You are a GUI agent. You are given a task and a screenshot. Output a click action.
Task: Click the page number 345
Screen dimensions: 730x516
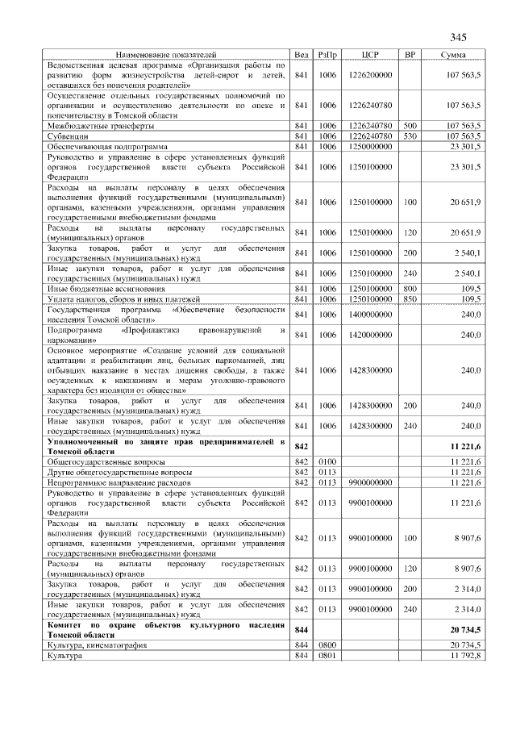458,38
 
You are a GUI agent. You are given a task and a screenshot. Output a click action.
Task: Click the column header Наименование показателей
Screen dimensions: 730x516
166,54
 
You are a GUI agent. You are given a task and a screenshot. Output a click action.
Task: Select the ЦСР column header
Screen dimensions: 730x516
371,54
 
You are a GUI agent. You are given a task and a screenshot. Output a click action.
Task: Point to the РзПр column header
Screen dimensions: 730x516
328,54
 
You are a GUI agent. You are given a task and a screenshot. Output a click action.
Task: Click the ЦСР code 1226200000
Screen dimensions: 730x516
371,74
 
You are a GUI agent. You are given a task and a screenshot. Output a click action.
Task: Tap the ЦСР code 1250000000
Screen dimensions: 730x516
371,146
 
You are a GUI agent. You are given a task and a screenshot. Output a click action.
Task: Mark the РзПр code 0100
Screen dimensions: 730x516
328,461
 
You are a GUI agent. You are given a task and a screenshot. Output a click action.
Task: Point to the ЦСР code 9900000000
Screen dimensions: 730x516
371,482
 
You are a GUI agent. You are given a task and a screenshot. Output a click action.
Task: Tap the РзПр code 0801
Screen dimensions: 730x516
328,655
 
